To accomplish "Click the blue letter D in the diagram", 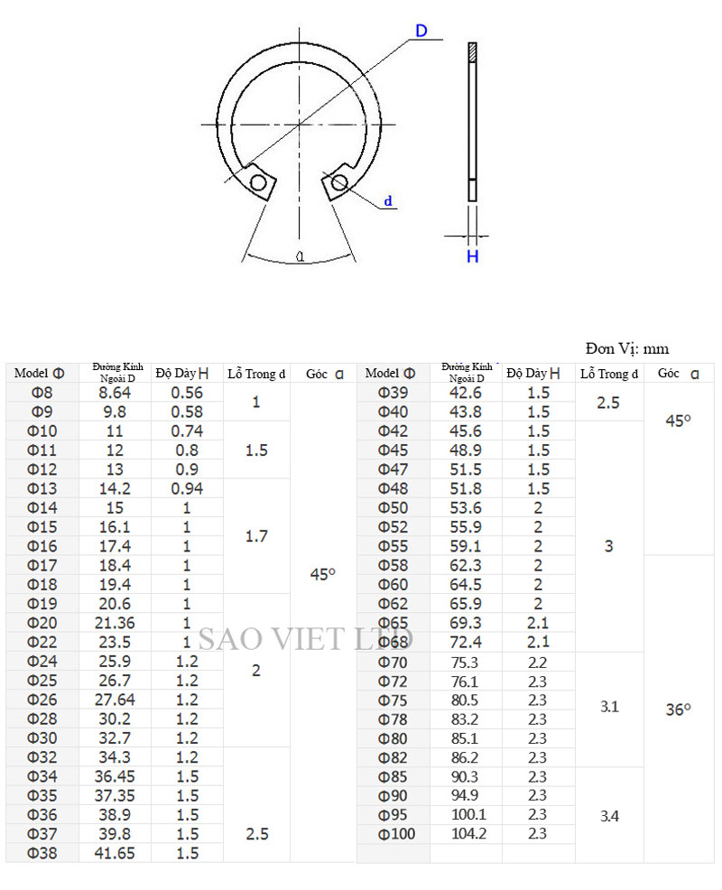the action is (x=421, y=31).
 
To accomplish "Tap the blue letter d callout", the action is (x=388, y=201).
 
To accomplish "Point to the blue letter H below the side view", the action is (x=472, y=256).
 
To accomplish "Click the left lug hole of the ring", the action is (x=258, y=182).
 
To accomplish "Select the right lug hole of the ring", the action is (x=339, y=182).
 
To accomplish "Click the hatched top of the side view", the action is (x=472, y=51).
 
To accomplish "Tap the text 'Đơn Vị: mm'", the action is (x=627, y=349).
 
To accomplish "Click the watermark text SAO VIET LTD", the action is (x=306, y=638).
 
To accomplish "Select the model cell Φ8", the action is (x=42, y=393).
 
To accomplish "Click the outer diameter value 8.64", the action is (x=115, y=393).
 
